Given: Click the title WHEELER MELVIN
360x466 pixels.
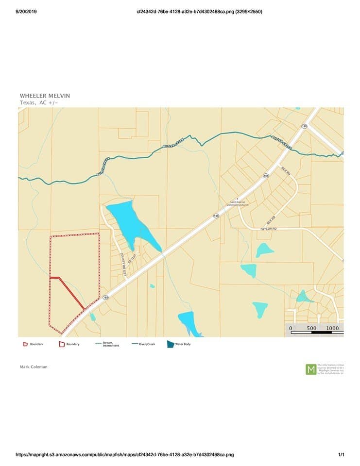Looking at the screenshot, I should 45,96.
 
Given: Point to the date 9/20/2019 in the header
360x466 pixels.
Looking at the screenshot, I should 26,12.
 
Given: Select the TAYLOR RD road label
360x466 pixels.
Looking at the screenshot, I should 268,228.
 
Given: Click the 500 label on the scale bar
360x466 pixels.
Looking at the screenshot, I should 311,329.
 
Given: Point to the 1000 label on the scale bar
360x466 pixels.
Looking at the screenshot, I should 332,329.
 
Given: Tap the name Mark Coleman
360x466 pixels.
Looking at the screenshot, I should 34,367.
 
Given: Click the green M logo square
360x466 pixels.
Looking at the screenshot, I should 310,369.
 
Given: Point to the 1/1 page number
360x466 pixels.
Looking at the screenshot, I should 341,455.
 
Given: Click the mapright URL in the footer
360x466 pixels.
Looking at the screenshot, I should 125,455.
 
